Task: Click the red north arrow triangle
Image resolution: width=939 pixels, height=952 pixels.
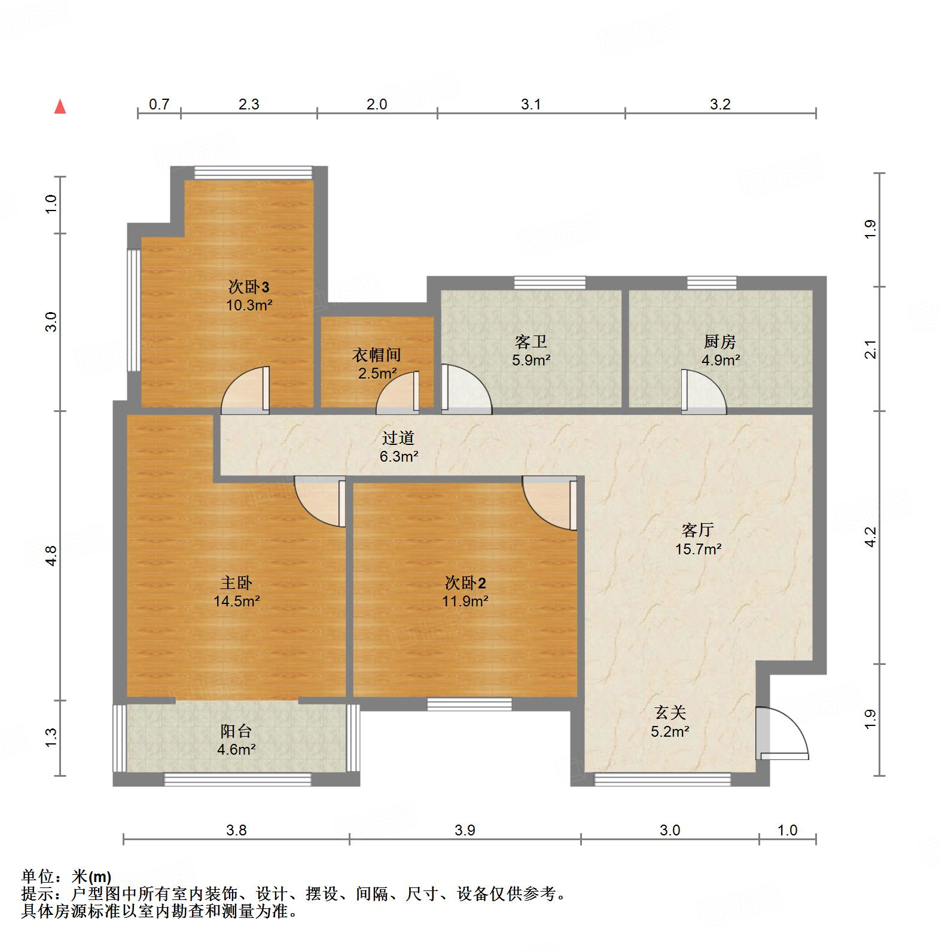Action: (60, 107)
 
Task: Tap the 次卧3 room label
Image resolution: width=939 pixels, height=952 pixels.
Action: (244, 286)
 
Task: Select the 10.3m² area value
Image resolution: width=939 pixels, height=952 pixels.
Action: (249, 305)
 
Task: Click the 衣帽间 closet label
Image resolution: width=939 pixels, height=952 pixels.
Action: (376, 355)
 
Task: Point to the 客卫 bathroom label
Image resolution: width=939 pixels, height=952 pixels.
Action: (531, 342)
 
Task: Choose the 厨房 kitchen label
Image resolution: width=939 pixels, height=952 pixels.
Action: (720, 342)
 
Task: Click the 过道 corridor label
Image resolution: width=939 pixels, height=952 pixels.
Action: (398, 438)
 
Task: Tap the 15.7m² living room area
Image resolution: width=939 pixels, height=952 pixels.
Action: (698, 548)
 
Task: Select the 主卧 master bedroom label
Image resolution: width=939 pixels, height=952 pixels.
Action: (236, 582)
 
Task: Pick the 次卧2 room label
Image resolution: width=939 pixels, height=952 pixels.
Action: (465, 582)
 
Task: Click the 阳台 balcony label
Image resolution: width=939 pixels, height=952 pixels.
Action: (236, 731)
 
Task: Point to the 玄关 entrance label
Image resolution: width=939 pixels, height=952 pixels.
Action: (670, 712)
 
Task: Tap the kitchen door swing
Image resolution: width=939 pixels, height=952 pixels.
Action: (704, 392)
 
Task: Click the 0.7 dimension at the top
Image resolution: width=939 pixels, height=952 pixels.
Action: (158, 105)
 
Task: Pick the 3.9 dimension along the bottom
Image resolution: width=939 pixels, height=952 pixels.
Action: (465, 830)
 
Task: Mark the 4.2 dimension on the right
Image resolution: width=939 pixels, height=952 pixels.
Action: (871, 536)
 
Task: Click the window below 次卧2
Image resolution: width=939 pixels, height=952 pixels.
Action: (469, 705)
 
